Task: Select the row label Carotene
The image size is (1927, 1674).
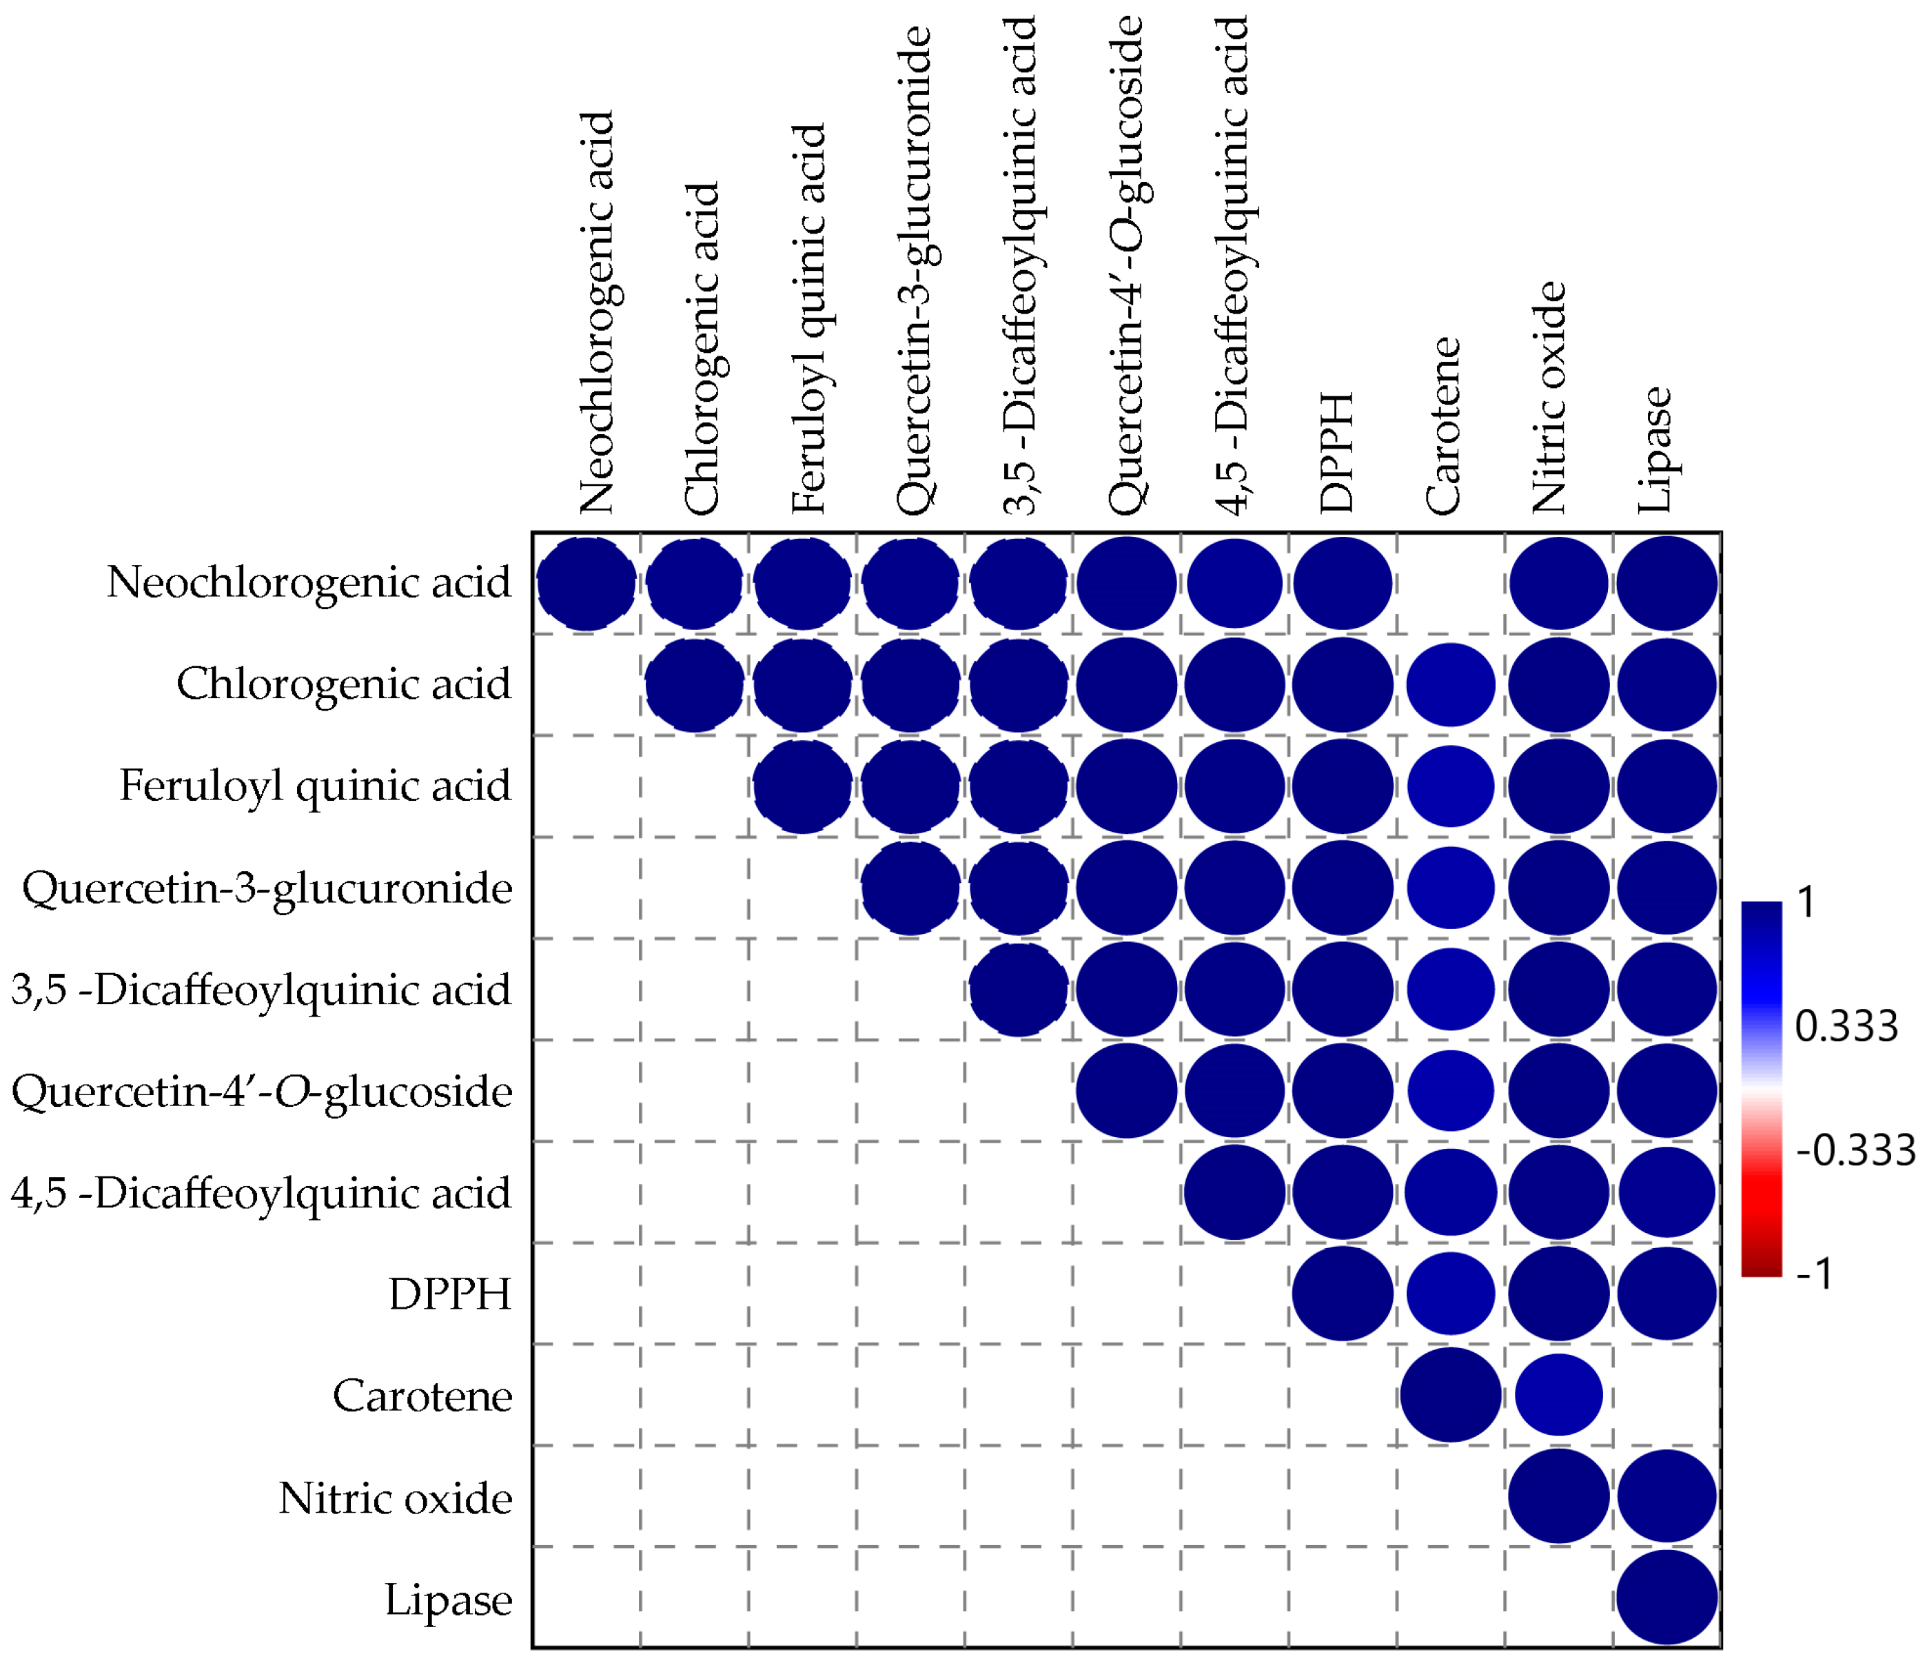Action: [x=422, y=1396]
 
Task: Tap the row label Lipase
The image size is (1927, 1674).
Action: [x=449, y=1600]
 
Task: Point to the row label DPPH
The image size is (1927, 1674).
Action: [x=450, y=1295]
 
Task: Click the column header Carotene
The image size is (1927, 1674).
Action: [x=1443, y=426]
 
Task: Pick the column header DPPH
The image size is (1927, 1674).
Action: [x=1336, y=453]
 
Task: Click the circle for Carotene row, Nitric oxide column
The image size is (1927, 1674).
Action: [x=1559, y=1395]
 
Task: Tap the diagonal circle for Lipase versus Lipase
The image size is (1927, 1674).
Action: [x=1667, y=1598]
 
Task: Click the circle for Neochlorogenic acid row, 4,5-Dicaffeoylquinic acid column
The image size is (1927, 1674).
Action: [x=1235, y=583]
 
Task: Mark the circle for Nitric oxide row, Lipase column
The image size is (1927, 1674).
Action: [x=1667, y=1496]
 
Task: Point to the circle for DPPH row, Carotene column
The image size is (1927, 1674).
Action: [x=1451, y=1294]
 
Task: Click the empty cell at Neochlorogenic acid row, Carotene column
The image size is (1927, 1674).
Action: [x=1451, y=583]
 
